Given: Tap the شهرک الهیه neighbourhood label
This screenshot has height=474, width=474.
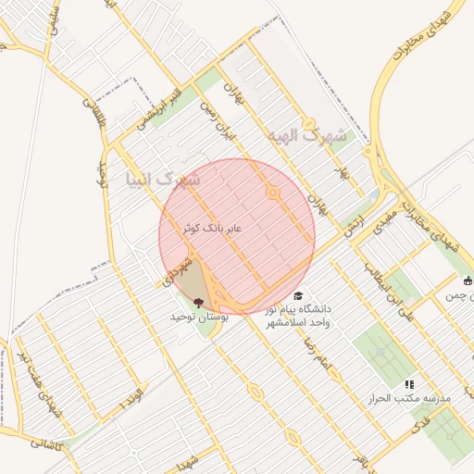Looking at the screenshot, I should coord(306,137).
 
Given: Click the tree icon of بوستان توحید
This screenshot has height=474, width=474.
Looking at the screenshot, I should coord(197,301).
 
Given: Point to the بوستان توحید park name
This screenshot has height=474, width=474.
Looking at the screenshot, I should coord(198,317).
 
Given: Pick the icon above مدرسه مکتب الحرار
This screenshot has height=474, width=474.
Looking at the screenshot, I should coord(409,384).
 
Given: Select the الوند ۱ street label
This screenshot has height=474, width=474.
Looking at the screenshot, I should coord(132,397).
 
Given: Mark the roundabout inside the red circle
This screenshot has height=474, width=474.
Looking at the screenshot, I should coord(273,193).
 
